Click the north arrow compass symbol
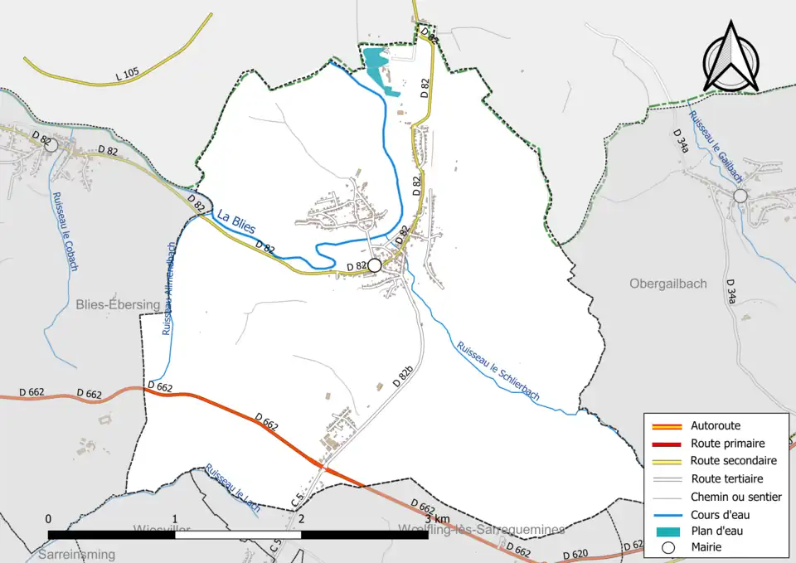click(731, 57)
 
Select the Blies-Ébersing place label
click(117, 304)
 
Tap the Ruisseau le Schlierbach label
click(498, 371)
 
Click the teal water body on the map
click(376, 62)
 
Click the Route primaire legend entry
click(727, 444)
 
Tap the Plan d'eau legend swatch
click(668, 531)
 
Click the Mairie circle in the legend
click(668, 547)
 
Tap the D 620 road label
click(575, 554)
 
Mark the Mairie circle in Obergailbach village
click(740, 196)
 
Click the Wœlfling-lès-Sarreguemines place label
click(482, 530)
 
